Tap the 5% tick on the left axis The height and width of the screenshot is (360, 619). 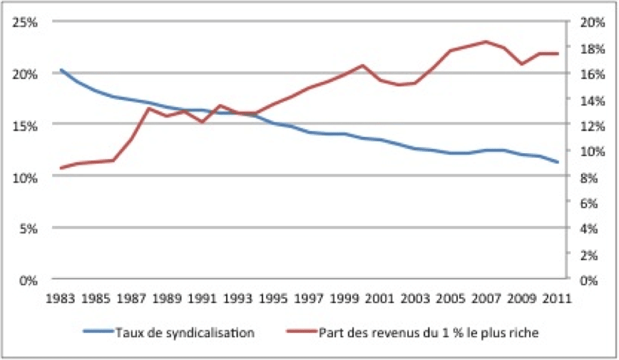tap(29, 228)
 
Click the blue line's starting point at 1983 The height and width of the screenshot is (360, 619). tap(61, 70)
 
